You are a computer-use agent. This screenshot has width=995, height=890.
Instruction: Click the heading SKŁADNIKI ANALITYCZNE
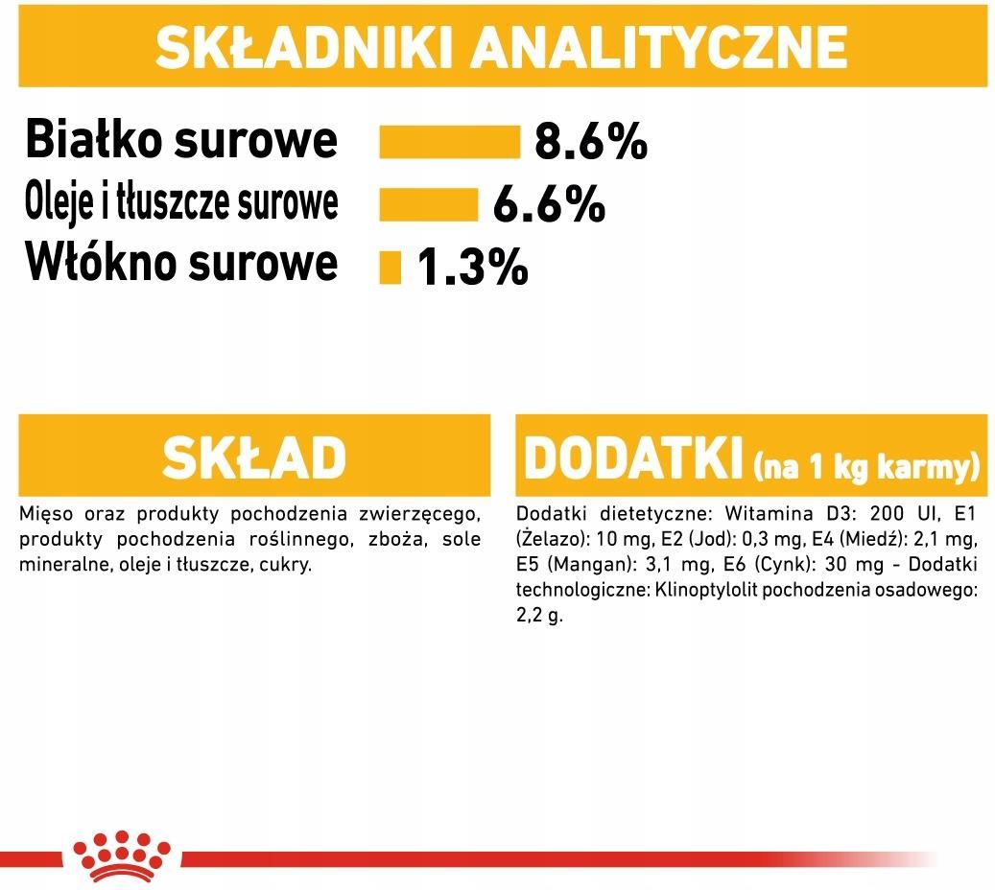pos(501,47)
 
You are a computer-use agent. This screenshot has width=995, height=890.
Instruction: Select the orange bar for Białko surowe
pos(449,142)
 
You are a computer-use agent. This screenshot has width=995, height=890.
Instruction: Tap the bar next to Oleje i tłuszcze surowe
pos(428,204)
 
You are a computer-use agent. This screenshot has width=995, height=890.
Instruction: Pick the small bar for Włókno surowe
pos(391,267)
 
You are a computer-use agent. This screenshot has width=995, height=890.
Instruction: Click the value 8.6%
pos(591,142)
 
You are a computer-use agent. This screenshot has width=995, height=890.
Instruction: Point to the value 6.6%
pos(549,204)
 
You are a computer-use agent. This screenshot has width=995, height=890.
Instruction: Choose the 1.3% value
pos(472,267)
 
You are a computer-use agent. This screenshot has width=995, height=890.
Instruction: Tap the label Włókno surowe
pos(181,262)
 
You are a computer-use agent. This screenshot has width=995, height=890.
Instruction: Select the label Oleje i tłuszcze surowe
pos(181,203)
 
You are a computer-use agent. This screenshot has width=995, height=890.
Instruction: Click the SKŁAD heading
pos(254,457)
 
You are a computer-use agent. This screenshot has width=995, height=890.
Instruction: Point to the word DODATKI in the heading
pos(632,458)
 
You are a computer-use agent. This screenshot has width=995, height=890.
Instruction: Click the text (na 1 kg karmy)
pos(866,467)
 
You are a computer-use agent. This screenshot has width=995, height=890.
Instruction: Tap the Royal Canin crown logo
pos(122,856)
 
